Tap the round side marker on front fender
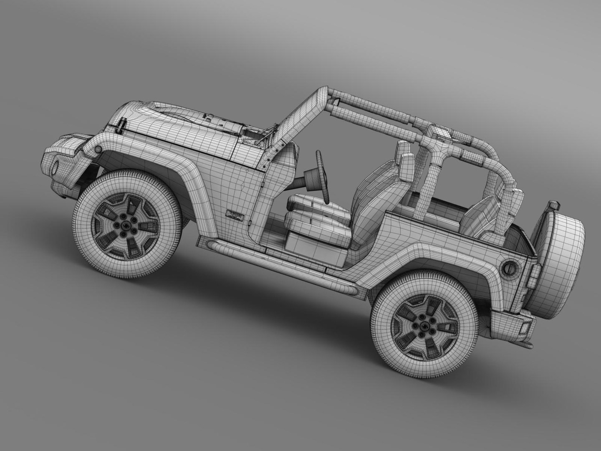click(98, 150)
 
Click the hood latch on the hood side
click(121, 125)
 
